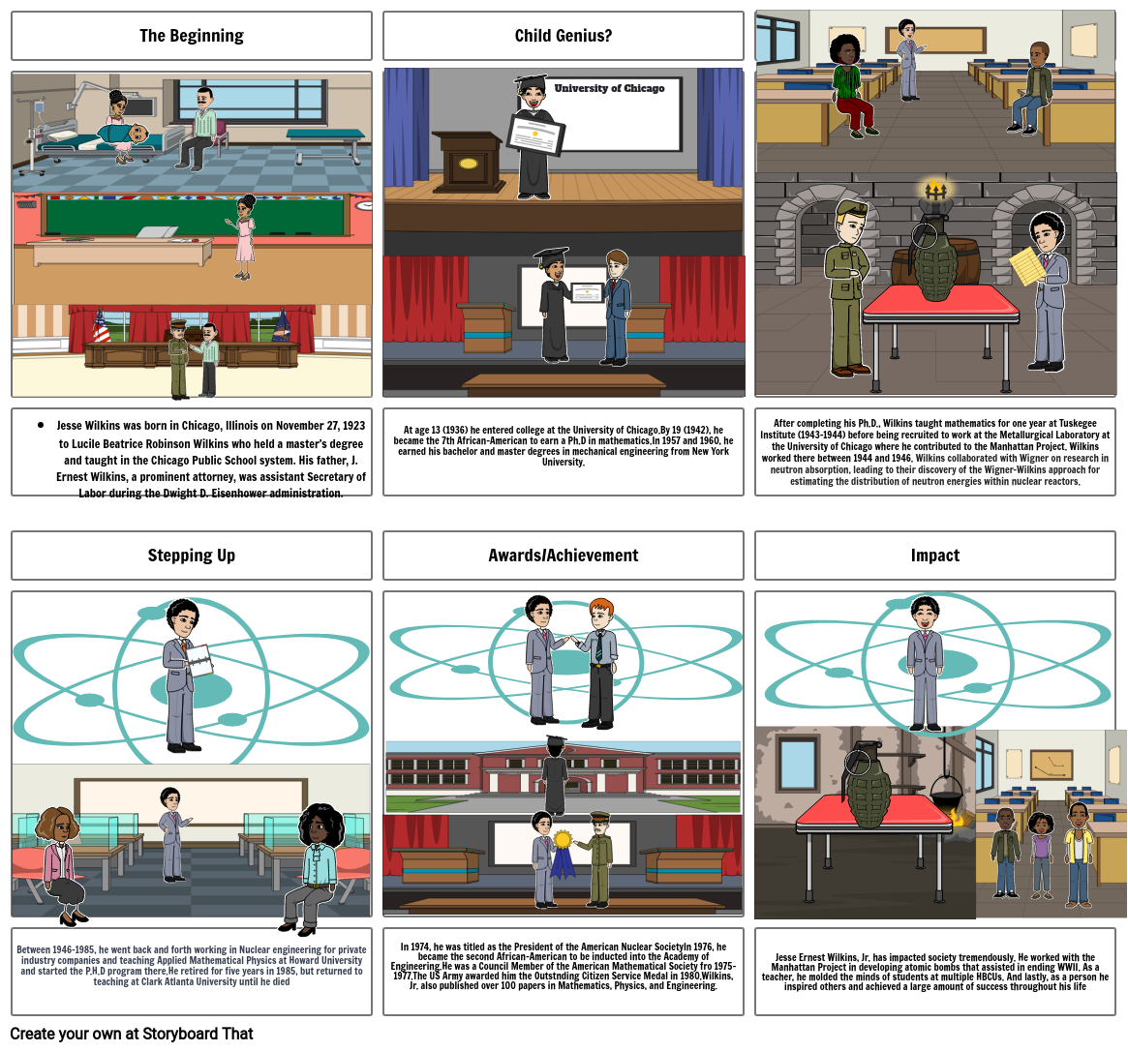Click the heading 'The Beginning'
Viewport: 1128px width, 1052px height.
[x=192, y=36]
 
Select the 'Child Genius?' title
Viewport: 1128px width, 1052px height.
[x=563, y=36]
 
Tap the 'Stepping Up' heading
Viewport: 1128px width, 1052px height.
[x=192, y=556]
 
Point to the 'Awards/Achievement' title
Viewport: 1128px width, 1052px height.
[x=563, y=556]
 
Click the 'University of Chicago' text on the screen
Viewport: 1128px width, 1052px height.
[x=609, y=88]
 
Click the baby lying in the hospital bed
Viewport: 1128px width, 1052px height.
[x=131, y=135]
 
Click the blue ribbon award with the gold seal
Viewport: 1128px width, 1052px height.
[x=563, y=851]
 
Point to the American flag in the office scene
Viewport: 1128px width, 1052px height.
[x=102, y=326]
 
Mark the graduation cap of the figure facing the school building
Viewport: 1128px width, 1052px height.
[x=556, y=742]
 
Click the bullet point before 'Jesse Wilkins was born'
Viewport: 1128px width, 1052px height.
[x=41, y=425]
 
